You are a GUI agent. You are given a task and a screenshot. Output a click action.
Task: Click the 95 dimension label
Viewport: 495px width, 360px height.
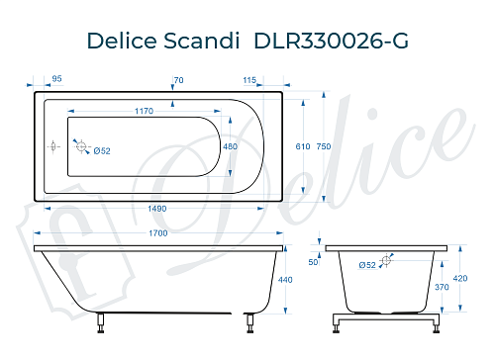point(57,78)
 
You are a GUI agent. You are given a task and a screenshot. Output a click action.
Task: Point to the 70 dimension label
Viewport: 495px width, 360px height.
point(179,78)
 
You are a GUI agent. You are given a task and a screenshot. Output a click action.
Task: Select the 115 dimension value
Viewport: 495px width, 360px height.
point(249,78)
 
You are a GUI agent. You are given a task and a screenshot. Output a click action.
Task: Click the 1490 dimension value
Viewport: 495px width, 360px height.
point(150,209)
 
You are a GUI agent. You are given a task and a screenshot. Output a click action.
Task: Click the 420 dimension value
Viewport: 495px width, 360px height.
point(460,278)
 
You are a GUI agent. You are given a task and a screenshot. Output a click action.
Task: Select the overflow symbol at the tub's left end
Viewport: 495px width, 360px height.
point(53,146)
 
